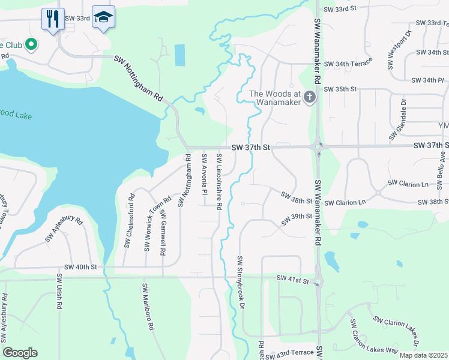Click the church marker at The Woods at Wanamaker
pyautogui.click(x=310, y=97)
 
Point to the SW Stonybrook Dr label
pyautogui.click(x=241, y=283)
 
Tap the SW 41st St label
pyautogui.click(x=292, y=279)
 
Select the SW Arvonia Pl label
pyautogui.click(x=205, y=172)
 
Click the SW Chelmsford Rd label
pyautogui.click(x=127, y=223)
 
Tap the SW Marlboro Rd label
pyautogui.click(x=148, y=307)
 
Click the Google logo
pyautogui.click(x=20, y=353)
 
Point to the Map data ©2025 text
pyautogui.click(x=423, y=355)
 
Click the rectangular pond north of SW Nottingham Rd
pyautogui.click(x=180, y=56)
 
